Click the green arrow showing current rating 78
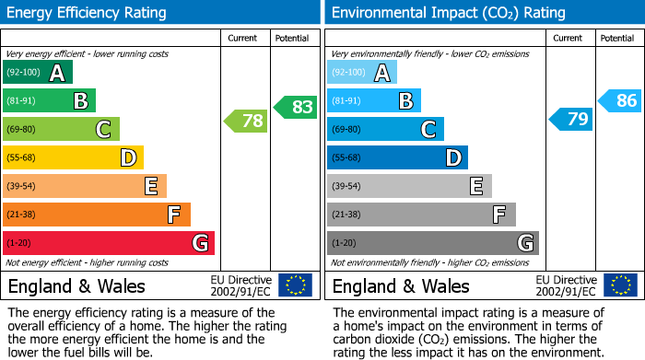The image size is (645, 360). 246,121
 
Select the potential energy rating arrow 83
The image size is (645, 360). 295,107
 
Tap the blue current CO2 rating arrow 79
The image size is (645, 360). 571,120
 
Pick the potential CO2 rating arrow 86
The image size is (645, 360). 620,100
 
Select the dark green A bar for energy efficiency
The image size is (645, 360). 38,72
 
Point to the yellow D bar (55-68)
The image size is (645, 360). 73,157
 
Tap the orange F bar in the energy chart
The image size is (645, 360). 97,215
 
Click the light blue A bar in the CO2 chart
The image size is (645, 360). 362,72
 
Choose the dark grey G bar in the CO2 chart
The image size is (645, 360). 432,243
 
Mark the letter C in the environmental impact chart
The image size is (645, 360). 428,130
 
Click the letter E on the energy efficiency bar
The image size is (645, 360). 151,187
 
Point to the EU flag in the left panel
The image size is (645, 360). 296,285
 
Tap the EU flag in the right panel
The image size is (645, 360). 620,285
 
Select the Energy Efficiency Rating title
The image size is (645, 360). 88,13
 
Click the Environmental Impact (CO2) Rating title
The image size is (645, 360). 448,13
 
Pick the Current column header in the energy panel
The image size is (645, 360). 244,38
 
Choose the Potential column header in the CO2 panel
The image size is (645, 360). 616,38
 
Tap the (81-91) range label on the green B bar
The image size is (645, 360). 23,100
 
